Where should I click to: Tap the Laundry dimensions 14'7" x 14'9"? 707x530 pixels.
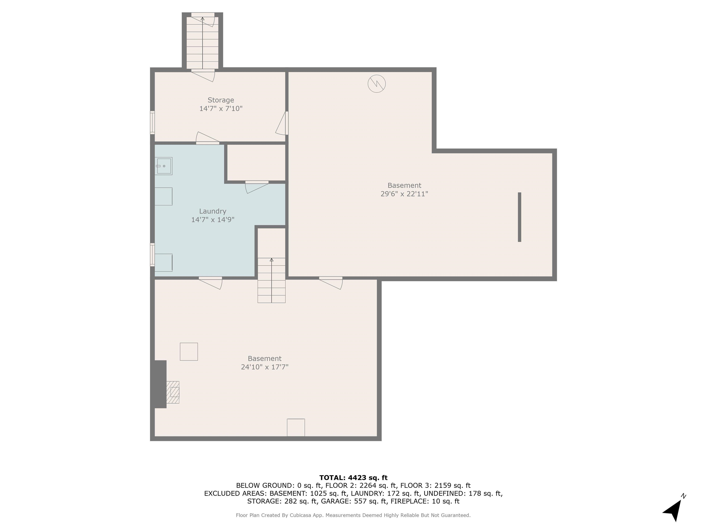[x=213, y=220]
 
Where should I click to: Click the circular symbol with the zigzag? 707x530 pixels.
[x=377, y=84]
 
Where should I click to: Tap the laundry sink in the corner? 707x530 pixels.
[x=164, y=166]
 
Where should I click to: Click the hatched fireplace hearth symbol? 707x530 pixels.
[x=173, y=392]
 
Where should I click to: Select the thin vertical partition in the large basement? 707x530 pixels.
[x=519, y=217]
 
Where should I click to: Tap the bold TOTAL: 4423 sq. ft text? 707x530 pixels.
[x=353, y=478]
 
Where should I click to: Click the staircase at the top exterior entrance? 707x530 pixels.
[x=202, y=43]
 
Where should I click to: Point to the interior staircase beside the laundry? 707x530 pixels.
[x=271, y=280]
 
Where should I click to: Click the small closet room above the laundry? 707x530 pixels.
[x=256, y=163]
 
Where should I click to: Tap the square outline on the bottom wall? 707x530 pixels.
[x=296, y=427]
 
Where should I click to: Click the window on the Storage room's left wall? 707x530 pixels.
[x=152, y=122]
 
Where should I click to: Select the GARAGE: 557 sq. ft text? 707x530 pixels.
[x=354, y=501]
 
